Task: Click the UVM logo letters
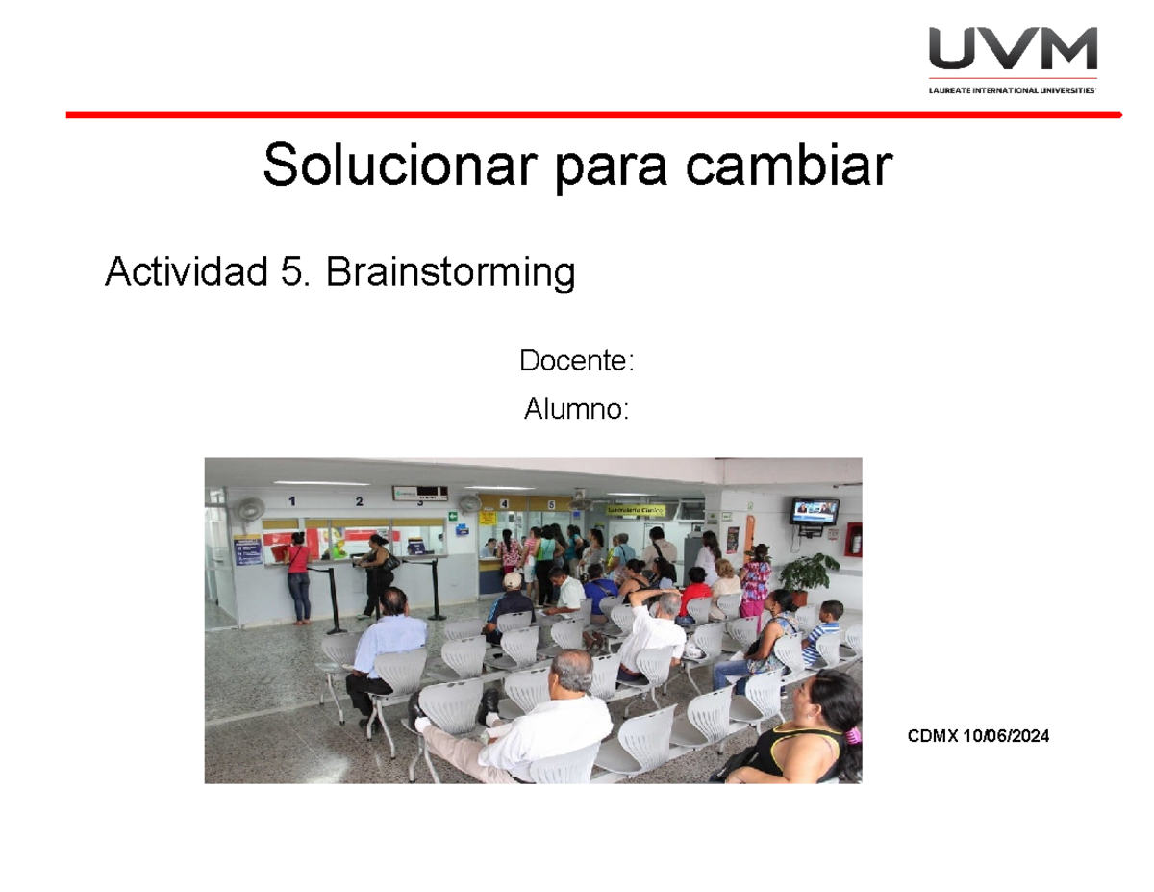click(x=1013, y=50)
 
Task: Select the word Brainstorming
click(x=450, y=273)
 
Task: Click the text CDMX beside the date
click(x=933, y=736)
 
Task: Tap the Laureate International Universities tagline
click(x=1013, y=89)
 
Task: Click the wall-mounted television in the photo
click(x=815, y=511)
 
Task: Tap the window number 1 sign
click(x=292, y=499)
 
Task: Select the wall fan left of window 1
click(x=250, y=510)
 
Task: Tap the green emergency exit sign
click(x=452, y=517)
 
